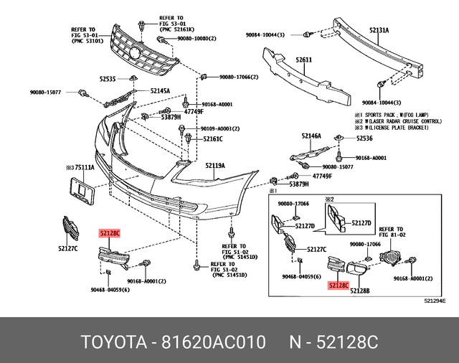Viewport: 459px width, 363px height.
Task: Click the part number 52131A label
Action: pos(379,30)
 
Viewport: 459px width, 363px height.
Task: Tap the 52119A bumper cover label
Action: pos(215,166)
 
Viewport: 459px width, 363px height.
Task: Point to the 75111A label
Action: pos(84,167)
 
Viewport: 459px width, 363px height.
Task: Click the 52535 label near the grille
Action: pos(108,79)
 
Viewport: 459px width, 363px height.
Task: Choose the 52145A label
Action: pos(160,91)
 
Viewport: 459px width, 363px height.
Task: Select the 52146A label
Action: pos(311,136)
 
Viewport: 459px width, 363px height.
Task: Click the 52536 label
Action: pos(364,138)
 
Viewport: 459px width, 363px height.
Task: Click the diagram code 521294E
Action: pos(435,301)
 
